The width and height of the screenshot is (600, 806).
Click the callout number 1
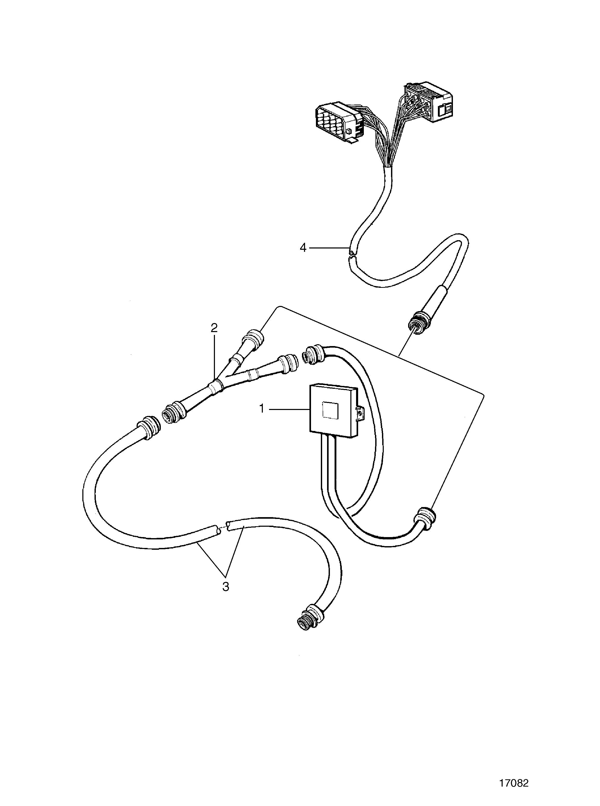pos(262,409)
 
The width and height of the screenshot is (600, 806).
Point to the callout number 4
pos(303,248)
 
